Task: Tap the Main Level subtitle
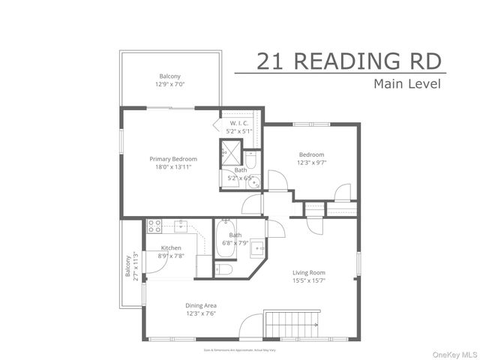point(406,83)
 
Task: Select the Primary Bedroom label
point(173,159)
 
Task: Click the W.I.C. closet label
point(240,124)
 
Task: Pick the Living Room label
point(308,273)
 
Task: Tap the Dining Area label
point(202,305)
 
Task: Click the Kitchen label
point(172,248)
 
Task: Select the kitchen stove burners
point(154,225)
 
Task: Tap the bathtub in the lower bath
point(224,239)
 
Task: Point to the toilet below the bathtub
point(223,268)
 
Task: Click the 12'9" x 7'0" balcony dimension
point(169,85)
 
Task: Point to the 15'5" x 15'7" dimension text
point(308,281)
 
